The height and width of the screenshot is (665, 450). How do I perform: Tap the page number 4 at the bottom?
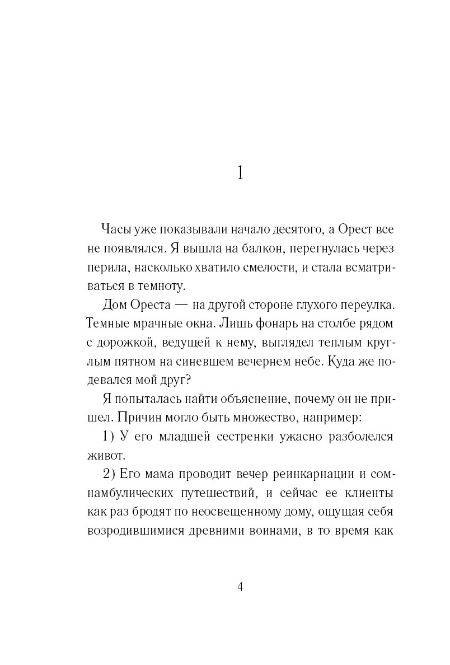tap(240, 587)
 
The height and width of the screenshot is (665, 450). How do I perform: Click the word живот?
tap(104, 457)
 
